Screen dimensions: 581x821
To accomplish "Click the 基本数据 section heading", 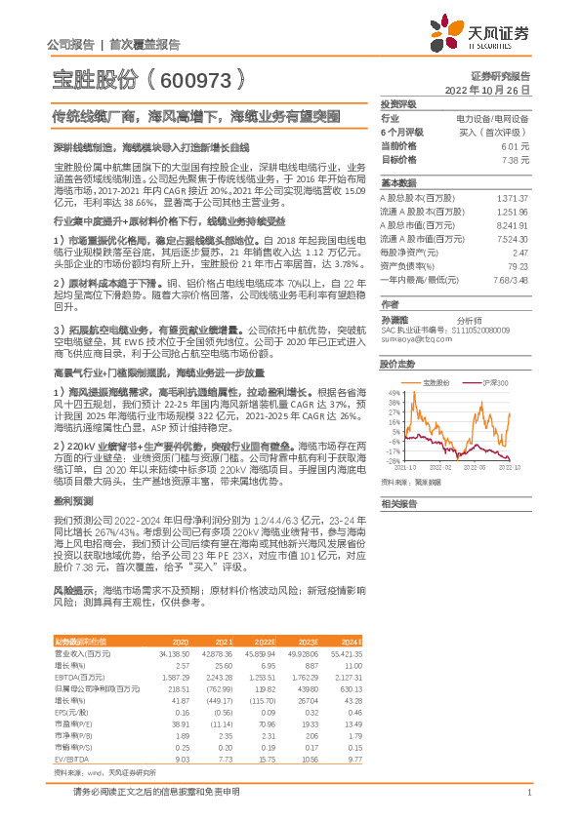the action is coord(398,182).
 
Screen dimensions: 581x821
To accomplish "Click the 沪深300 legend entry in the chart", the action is coord(497,383).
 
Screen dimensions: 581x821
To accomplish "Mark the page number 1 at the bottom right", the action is coord(528,792).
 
